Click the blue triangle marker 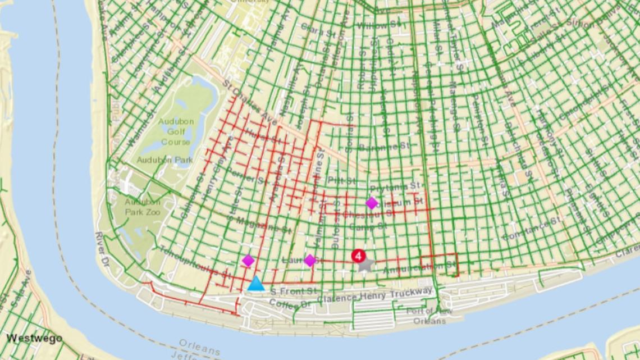pyautogui.click(x=256, y=284)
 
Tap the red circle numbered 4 pyautogui.click(x=358, y=256)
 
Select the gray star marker pyautogui.click(x=365, y=265)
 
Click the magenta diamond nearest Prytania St pyautogui.click(x=372, y=203)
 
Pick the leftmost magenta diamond pyautogui.click(x=248, y=261)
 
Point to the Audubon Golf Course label pyautogui.click(x=175, y=131)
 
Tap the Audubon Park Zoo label pyautogui.click(x=143, y=207)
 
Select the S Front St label pyautogui.click(x=292, y=291)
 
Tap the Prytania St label pyautogui.click(x=395, y=186)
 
